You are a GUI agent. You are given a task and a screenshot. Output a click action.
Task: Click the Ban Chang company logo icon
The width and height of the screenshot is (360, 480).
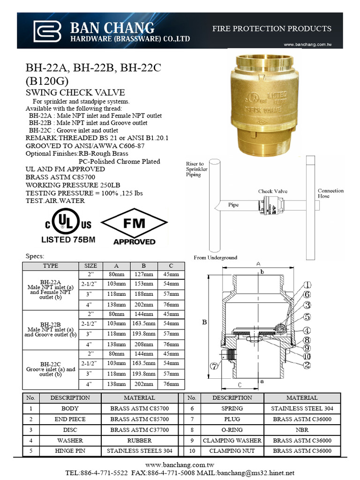pos(47,31)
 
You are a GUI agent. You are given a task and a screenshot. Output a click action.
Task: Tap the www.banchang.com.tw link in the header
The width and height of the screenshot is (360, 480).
pos(308,45)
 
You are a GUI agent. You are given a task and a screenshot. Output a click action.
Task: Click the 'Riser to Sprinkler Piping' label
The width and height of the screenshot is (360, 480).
pos(196,169)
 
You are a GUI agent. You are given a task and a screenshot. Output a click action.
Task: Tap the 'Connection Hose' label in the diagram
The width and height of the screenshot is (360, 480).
pos(330,193)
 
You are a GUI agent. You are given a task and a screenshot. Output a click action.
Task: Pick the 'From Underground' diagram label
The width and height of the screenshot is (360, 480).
pos(215,257)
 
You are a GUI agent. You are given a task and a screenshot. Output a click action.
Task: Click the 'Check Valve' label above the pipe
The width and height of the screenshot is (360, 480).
pos(272,191)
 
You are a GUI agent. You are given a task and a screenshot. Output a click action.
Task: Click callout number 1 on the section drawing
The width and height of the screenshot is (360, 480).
pos(307,285)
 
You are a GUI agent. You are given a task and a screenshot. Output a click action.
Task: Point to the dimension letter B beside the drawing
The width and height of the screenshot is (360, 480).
pos(204,322)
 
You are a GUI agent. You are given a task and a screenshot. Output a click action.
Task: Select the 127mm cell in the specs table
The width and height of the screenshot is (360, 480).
pos(144,274)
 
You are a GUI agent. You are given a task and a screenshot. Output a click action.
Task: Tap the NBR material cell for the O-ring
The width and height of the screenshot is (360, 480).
pos(302,429)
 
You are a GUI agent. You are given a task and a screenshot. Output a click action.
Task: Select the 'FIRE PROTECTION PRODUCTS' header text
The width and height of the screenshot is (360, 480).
pos(272,29)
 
